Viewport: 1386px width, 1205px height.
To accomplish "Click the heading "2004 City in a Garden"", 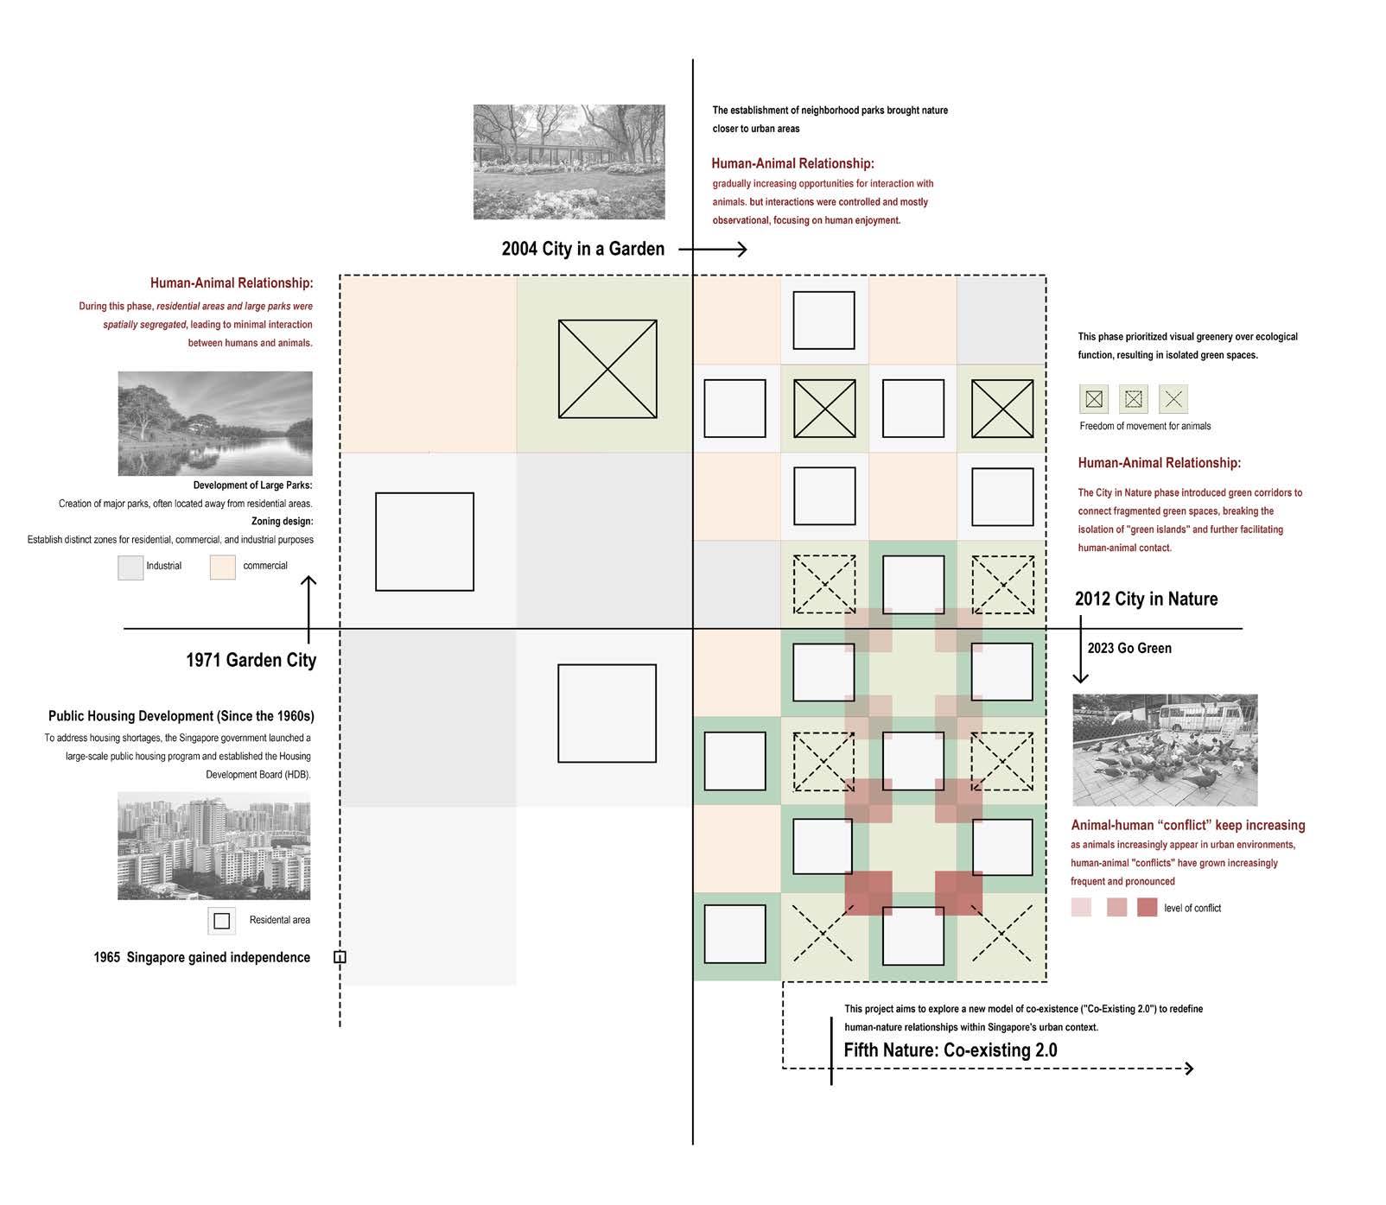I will [583, 249].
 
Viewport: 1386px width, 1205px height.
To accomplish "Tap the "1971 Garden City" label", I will [251, 660].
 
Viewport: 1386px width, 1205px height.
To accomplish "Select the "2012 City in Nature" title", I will [1146, 599].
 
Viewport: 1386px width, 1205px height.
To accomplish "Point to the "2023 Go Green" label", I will [1129, 648].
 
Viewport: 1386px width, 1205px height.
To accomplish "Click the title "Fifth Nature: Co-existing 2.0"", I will [950, 1050].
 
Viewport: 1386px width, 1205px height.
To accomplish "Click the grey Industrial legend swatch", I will [130, 567].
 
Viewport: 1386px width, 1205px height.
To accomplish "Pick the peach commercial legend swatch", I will [223, 567].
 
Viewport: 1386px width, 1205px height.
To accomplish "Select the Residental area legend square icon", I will [221, 921].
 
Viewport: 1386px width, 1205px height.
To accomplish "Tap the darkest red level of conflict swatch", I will [1147, 908].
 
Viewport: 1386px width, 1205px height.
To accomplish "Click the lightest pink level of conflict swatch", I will [1081, 908].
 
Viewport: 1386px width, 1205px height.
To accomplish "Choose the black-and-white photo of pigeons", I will [1165, 750].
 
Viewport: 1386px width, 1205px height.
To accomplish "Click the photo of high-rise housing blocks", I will [213, 847].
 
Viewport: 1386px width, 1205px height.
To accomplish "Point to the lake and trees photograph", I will [215, 424].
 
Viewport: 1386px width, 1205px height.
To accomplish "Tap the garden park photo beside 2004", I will [569, 162].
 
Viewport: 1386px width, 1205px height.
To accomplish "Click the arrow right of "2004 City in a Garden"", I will [714, 250].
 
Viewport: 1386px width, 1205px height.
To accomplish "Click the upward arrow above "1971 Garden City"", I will [308, 606].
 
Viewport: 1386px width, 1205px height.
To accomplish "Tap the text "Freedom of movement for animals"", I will [1145, 426].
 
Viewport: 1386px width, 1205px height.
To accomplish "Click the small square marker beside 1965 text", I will [340, 957].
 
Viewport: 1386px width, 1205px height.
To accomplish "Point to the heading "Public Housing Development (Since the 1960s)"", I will [181, 716].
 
